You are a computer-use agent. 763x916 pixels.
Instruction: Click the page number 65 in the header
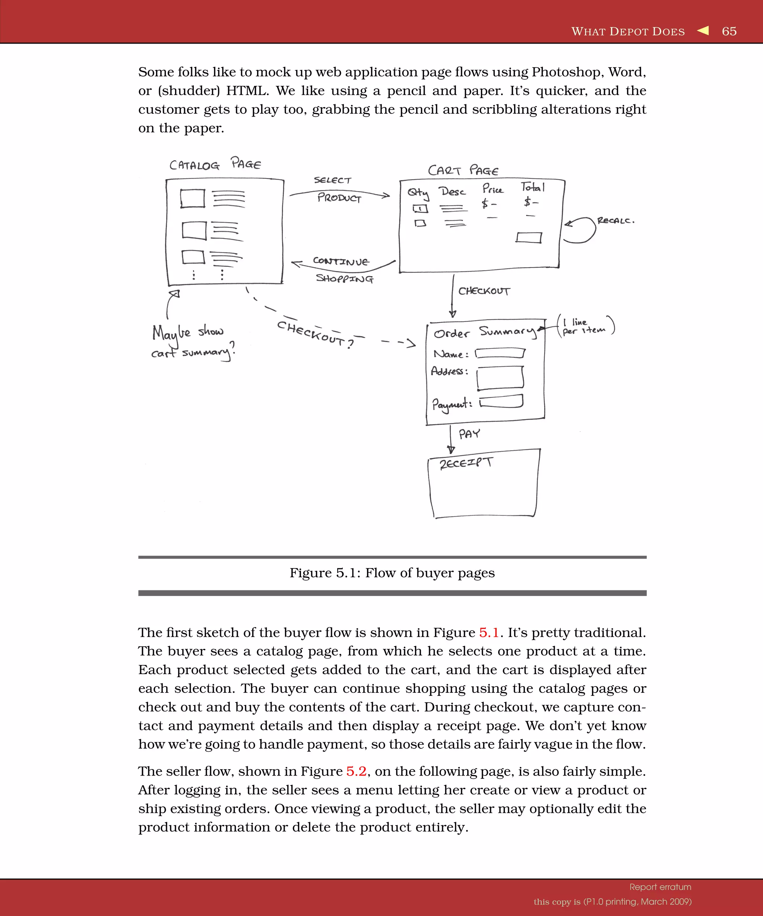(x=729, y=31)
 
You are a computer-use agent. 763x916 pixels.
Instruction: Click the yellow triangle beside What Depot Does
(x=703, y=31)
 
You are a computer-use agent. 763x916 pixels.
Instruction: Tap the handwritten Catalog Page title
(x=215, y=164)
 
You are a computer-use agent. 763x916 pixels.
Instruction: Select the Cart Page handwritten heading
(x=463, y=170)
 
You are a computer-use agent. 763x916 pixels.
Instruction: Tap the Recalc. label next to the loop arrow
(x=615, y=221)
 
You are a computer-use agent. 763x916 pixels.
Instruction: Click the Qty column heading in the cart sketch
(x=418, y=193)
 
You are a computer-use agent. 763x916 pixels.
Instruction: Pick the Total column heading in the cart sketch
(x=532, y=187)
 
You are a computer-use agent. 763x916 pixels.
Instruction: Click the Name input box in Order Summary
(x=500, y=353)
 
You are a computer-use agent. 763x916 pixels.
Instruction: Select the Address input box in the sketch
(x=500, y=377)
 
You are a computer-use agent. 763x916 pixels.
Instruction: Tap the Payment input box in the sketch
(x=501, y=401)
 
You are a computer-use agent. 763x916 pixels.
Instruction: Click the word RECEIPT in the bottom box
(x=466, y=462)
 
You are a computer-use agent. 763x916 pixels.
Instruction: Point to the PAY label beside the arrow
(x=469, y=433)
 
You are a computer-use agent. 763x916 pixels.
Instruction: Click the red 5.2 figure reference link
(x=356, y=771)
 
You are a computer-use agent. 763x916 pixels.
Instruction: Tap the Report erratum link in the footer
(x=660, y=887)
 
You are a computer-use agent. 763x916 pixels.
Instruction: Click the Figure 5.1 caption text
(x=392, y=573)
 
